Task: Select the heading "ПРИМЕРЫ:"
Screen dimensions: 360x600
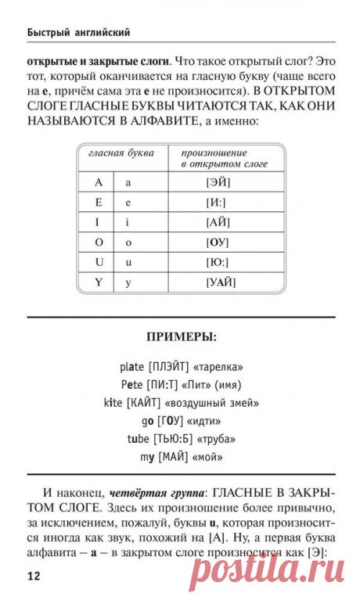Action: pyautogui.click(x=181, y=337)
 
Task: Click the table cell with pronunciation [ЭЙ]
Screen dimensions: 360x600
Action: pyautogui.click(x=218, y=182)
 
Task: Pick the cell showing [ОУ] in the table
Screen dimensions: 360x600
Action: pyautogui.click(x=218, y=242)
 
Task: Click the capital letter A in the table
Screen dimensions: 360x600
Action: pyautogui.click(x=99, y=182)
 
